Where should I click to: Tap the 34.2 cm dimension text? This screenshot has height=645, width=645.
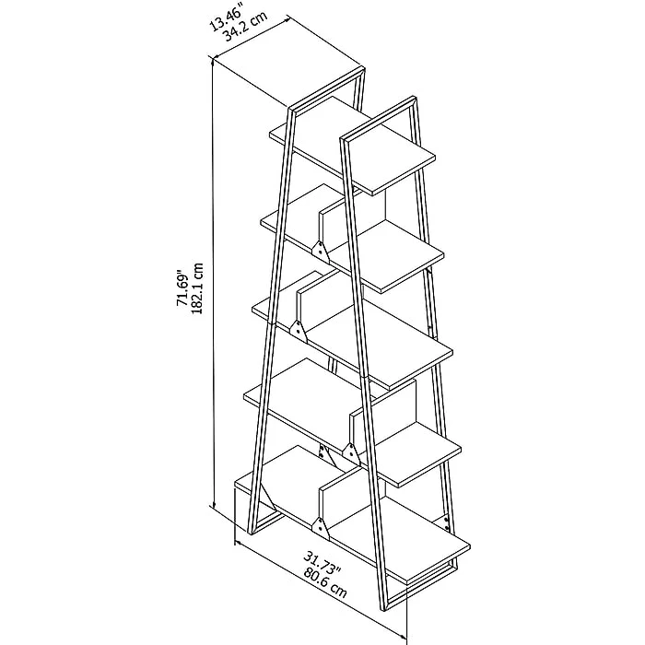(x=245, y=26)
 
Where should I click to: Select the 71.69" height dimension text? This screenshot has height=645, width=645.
(x=182, y=287)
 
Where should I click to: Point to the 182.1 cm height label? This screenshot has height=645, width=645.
(x=197, y=287)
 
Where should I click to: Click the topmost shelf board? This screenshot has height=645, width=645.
(x=353, y=146)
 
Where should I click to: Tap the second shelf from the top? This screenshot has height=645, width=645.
(x=353, y=239)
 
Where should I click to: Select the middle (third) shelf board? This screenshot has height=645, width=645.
(x=353, y=331)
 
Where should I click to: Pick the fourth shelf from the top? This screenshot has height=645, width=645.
(x=353, y=423)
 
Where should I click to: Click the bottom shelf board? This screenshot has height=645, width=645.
(x=353, y=515)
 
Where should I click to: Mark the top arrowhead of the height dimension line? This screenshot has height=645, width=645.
(x=213, y=63)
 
